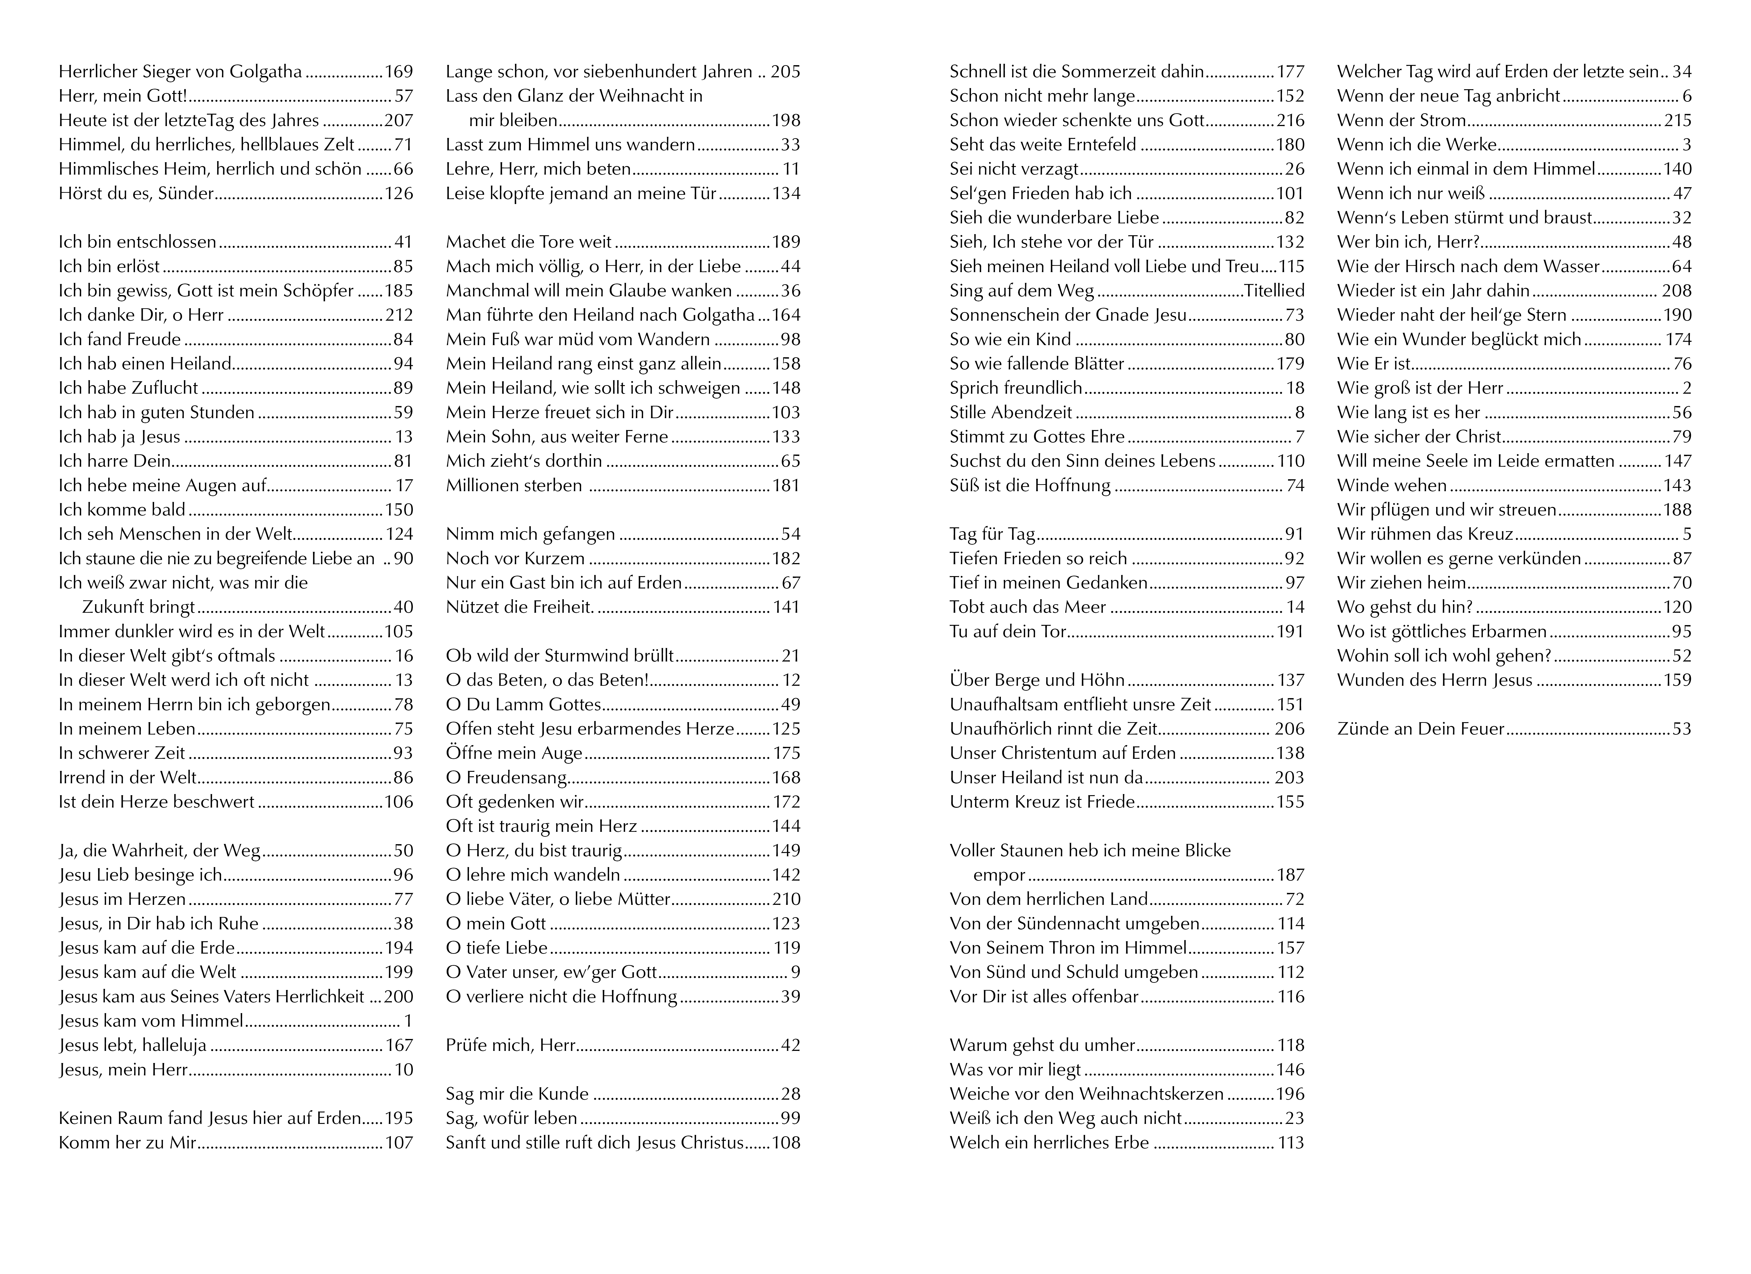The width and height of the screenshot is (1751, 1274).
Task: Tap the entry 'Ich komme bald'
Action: click(122, 510)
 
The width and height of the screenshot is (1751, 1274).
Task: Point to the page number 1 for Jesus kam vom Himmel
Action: click(408, 1021)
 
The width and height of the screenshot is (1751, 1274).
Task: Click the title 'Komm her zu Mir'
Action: click(127, 1143)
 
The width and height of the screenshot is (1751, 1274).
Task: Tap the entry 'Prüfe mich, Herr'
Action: click(510, 1045)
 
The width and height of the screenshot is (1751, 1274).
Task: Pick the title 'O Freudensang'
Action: click(506, 777)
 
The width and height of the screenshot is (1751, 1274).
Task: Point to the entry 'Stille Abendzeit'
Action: click(1011, 412)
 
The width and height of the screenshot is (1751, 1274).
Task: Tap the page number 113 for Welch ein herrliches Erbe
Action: click(1290, 1143)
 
